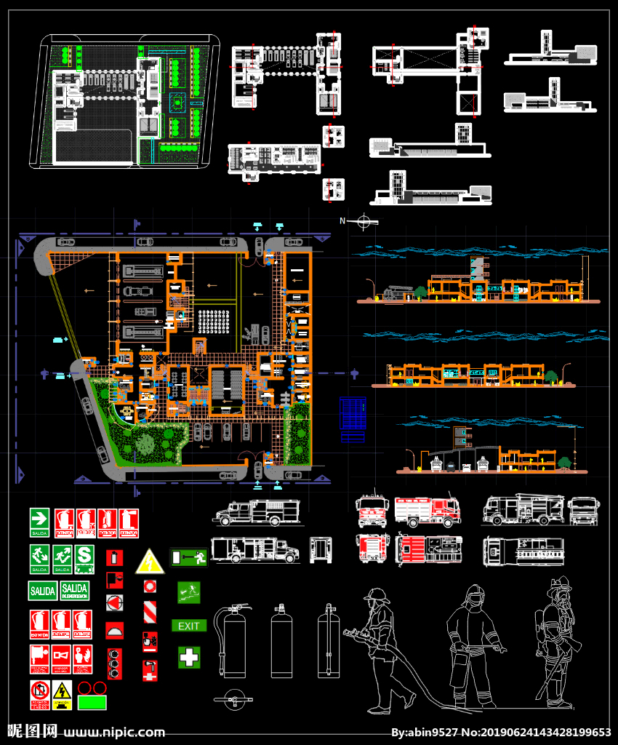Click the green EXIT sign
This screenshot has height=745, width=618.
click(x=189, y=626)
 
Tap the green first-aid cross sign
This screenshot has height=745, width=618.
click(x=189, y=657)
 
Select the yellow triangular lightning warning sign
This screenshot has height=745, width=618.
click(x=149, y=562)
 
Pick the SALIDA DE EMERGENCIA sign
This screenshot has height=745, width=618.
click(x=75, y=590)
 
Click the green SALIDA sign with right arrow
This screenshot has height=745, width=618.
click(x=39, y=522)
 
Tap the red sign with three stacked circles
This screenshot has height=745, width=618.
click(x=114, y=664)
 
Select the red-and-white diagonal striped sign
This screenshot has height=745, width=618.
click(x=150, y=610)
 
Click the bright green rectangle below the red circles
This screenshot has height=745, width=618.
click(x=92, y=703)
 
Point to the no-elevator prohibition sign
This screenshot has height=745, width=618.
click(x=39, y=694)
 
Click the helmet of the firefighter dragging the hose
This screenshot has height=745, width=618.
click(x=377, y=595)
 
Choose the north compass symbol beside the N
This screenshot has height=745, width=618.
click(x=366, y=221)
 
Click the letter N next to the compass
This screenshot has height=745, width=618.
click(x=342, y=220)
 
